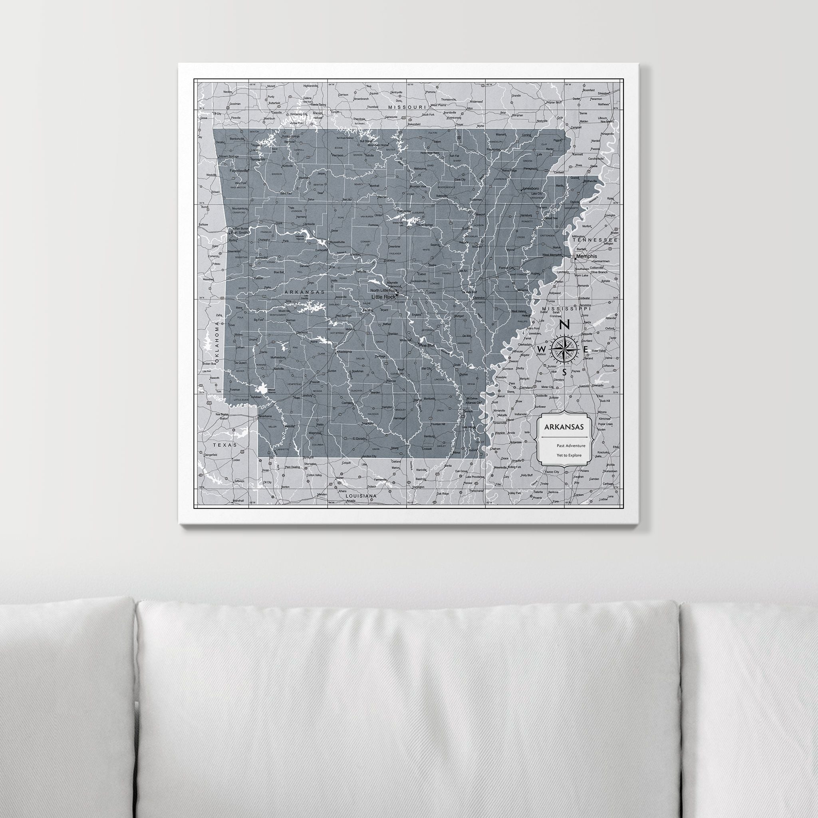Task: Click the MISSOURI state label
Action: tap(407, 107)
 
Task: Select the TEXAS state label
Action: tap(225, 445)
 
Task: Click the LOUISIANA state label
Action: tap(361, 495)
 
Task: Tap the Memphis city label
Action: tap(586, 256)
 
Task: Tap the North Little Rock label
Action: tap(384, 290)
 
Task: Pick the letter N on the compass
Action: tap(564, 325)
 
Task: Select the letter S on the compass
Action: tap(564, 372)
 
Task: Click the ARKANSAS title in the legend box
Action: tap(564, 427)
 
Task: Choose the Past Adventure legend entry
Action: tap(571, 445)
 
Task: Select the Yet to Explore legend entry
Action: tap(570, 455)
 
